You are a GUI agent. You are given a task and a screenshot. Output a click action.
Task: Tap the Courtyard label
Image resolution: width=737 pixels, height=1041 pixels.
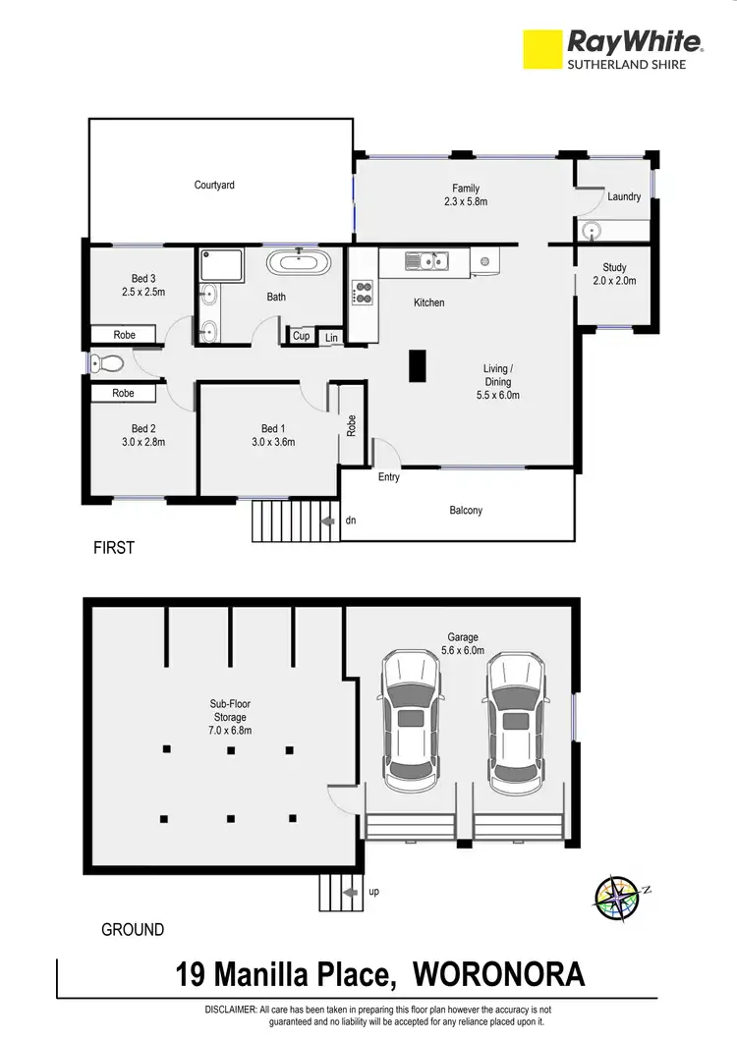tap(214, 185)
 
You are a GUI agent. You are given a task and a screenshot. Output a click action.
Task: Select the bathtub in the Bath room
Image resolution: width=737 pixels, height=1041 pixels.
tap(293, 263)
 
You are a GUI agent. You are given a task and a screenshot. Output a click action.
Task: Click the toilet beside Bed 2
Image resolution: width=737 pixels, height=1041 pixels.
tap(106, 363)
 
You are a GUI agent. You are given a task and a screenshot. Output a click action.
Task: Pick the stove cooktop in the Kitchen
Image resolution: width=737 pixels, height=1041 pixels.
tap(363, 292)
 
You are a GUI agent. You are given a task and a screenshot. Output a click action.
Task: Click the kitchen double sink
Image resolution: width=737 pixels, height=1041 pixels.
tap(427, 261)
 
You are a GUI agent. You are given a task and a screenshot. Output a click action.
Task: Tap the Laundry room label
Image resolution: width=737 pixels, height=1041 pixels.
tap(624, 196)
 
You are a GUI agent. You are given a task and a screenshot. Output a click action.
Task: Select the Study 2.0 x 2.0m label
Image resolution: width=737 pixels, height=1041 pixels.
tap(615, 274)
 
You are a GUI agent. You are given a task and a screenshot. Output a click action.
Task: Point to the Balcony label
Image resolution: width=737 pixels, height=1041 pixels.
tap(466, 510)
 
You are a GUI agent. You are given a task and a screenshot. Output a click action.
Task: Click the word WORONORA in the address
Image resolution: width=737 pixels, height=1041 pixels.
tap(498, 975)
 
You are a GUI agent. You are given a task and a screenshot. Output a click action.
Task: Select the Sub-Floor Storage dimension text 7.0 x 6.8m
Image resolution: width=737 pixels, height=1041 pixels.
tap(231, 731)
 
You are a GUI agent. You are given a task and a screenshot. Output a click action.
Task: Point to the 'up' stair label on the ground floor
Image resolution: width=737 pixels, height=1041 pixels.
tap(373, 892)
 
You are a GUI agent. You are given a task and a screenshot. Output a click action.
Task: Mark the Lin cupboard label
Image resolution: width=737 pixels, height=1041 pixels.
tap(331, 337)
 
